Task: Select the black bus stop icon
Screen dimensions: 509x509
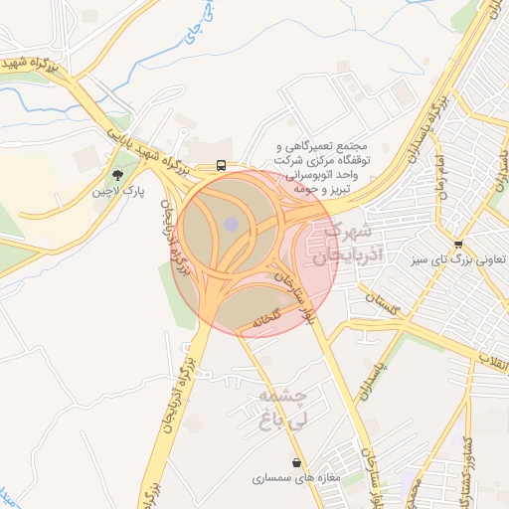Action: tap(220, 166)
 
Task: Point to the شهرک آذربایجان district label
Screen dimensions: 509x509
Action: tap(343, 245)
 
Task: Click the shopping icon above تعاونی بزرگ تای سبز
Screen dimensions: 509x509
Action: tap(457, 245)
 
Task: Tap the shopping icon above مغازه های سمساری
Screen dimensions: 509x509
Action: tap(296, 462)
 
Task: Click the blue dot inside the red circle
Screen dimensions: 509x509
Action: tap(232, 225)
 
